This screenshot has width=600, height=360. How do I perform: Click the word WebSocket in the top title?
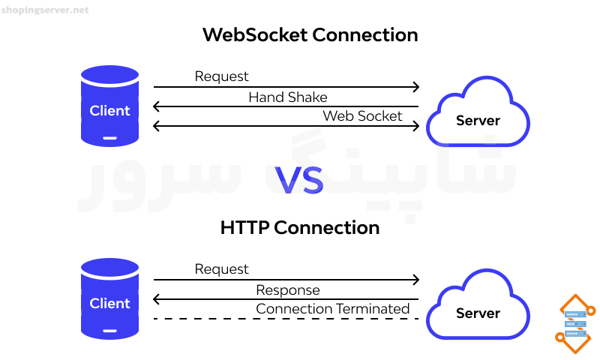[x=255, y=34]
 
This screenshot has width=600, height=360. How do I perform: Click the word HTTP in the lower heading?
[x=244, y=228]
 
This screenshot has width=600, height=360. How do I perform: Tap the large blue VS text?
[x=299, y=180]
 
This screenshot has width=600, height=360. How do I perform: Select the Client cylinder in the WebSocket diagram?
[x=109, y=106]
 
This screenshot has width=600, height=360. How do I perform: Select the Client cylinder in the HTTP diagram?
[x=109, y=298]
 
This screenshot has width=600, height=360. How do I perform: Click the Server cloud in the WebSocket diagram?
[x=478, y=112]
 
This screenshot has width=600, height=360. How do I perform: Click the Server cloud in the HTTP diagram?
[x=478, y=304]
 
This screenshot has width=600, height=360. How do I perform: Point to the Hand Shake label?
[x=288, y=97]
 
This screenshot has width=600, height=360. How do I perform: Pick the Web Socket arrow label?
[x=362, y=116]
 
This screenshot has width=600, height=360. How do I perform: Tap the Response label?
[x=288, y=290]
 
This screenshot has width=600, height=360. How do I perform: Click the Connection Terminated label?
[x=332, y=309]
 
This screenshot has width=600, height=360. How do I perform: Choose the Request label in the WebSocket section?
[x=221, y=76]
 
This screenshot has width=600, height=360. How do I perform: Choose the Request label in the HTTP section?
[x=221, y=269]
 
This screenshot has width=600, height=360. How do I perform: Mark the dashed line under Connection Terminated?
[x=286, y=319]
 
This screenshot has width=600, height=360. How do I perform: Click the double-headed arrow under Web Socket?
[x=286, y=126]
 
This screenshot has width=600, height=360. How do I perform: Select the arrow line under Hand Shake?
[x=286, y=106]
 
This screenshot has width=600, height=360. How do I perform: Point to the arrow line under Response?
[x=286, y=299]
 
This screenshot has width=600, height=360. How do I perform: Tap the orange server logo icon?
[x=575, y=324]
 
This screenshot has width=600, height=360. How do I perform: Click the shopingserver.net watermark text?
[x=45, y=10]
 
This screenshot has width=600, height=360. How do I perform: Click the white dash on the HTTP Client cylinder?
[x=109, y=331]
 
